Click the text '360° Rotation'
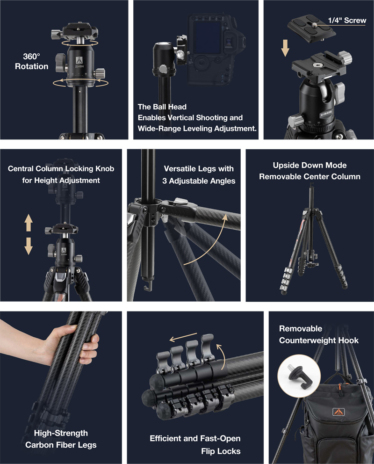coord(32,61)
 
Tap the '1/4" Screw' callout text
coord(347,20)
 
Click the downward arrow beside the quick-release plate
coord(285,48)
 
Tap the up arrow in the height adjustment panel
coord(29,223)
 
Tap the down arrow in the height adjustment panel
coord(29,246)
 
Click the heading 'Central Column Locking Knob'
coord(61,169)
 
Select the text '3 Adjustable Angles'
coord(199,181)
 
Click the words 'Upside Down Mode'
coord(309,165)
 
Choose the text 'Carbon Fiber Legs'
coord(61,445)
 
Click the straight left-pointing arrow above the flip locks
coord(183,338)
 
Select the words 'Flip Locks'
coord(221,451)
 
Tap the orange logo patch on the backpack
coord(338,412)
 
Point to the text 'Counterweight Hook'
coord(319,341)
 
